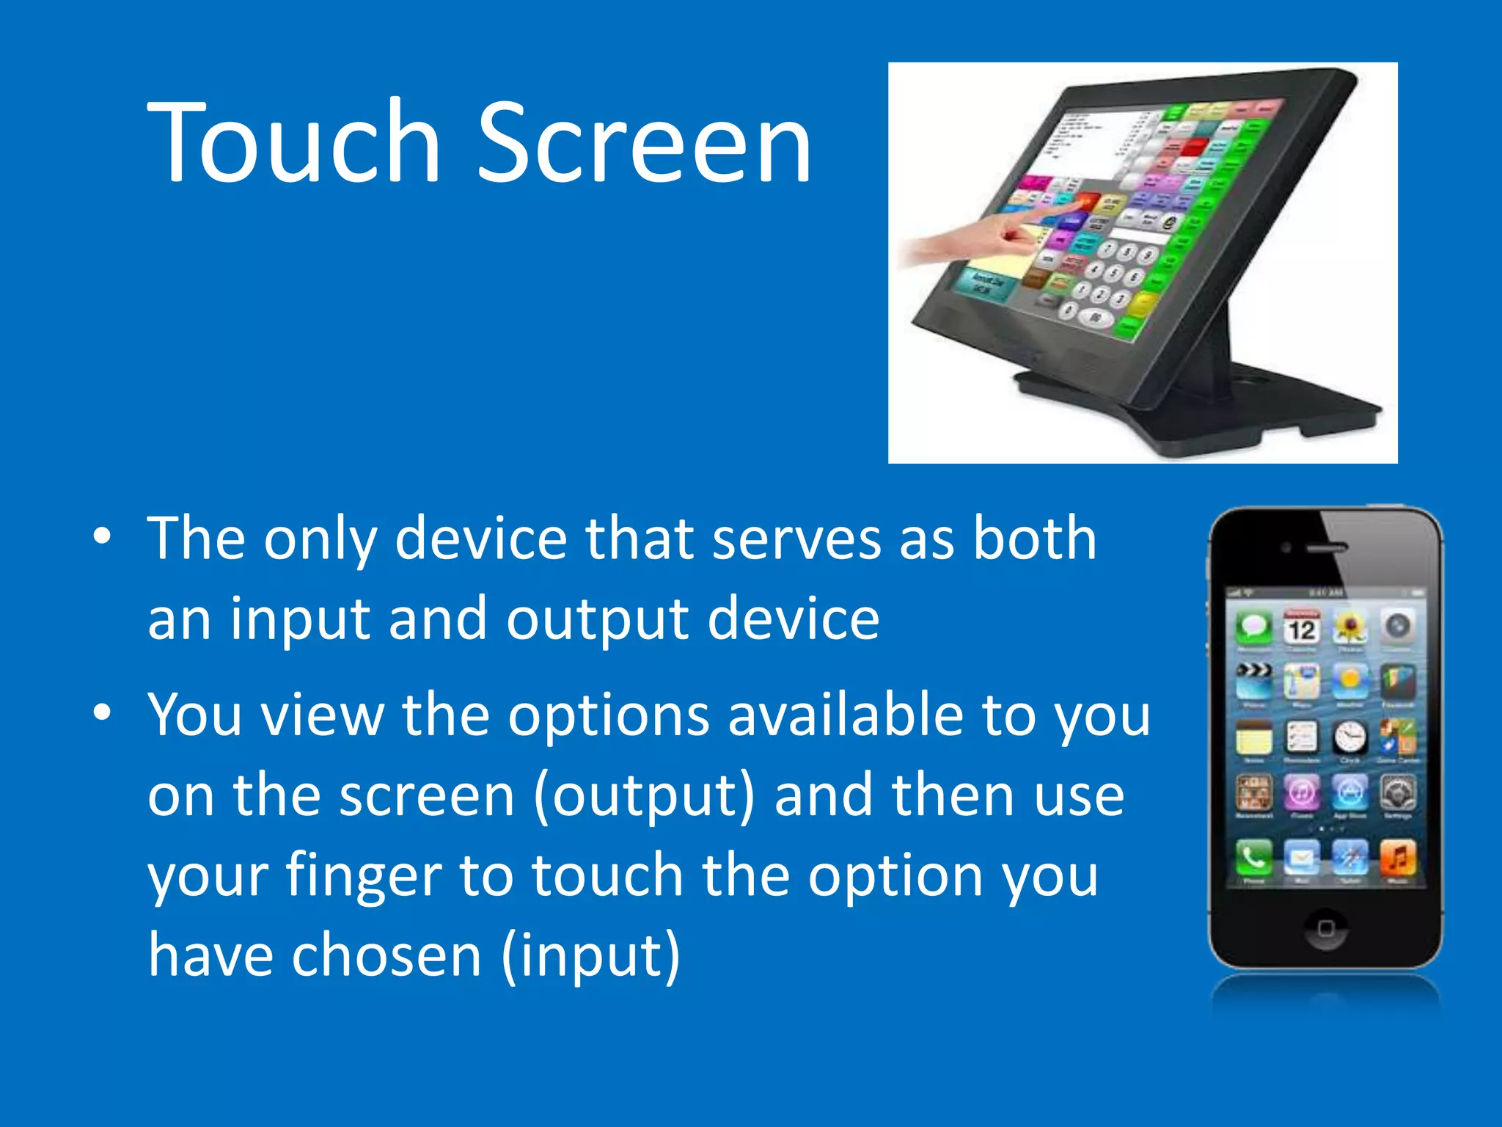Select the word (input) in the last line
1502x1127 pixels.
tap(591, 957)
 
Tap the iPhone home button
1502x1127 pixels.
tap(1325, 928)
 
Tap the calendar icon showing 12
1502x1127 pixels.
tap(1302, 628)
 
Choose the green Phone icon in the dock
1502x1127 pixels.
tap(1254, 856)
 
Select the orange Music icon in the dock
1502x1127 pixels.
tap(1398, 856)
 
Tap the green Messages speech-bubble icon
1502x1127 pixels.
tap(1254, 628)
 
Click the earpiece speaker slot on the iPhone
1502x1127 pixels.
tap(1327, 547)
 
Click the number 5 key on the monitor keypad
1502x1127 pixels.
tap(1113, 273)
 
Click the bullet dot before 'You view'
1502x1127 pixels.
tap(103, 712)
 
